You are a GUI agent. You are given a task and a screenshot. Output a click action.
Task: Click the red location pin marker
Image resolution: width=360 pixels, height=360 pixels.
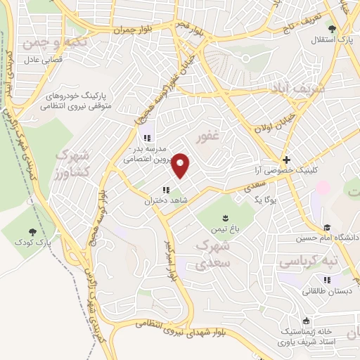(181, 165)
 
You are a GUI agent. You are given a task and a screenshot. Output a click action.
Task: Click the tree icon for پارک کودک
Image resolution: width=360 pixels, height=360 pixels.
(32, 231)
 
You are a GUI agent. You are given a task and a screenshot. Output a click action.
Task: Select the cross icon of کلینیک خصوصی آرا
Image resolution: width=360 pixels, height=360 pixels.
(286, 160)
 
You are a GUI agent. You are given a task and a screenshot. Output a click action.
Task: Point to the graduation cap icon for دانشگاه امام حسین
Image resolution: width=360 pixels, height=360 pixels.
(326, 227)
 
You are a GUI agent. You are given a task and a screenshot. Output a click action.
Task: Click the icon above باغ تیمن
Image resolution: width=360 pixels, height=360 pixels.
(225, 218)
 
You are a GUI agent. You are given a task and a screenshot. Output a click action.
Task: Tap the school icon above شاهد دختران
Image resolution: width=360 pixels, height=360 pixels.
(166, 190)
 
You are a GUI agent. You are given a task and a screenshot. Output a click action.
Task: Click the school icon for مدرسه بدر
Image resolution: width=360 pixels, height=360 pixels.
(147, 139)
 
